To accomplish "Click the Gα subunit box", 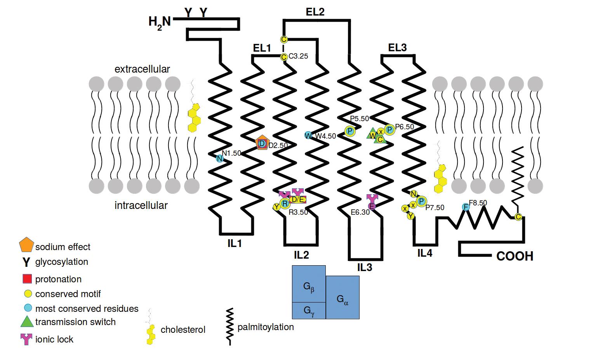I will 342,297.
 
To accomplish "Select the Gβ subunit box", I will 309,284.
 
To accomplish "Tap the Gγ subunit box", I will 309,310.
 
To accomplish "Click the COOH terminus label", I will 515,256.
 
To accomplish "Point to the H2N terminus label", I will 160,21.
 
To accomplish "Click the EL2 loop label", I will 315,12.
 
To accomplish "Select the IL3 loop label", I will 364,267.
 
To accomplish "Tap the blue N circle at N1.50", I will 219,158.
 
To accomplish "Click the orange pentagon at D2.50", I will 262,143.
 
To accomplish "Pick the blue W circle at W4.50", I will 308,136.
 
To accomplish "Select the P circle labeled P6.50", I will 389,129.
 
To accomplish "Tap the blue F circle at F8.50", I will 466,207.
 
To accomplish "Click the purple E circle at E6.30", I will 372,206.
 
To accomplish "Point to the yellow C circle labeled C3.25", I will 283,57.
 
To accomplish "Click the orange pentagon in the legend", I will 26,245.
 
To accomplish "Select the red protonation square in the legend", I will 27,279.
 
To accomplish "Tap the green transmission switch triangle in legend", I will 26,322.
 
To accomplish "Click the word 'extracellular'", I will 142,69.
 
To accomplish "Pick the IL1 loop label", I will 235,243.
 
